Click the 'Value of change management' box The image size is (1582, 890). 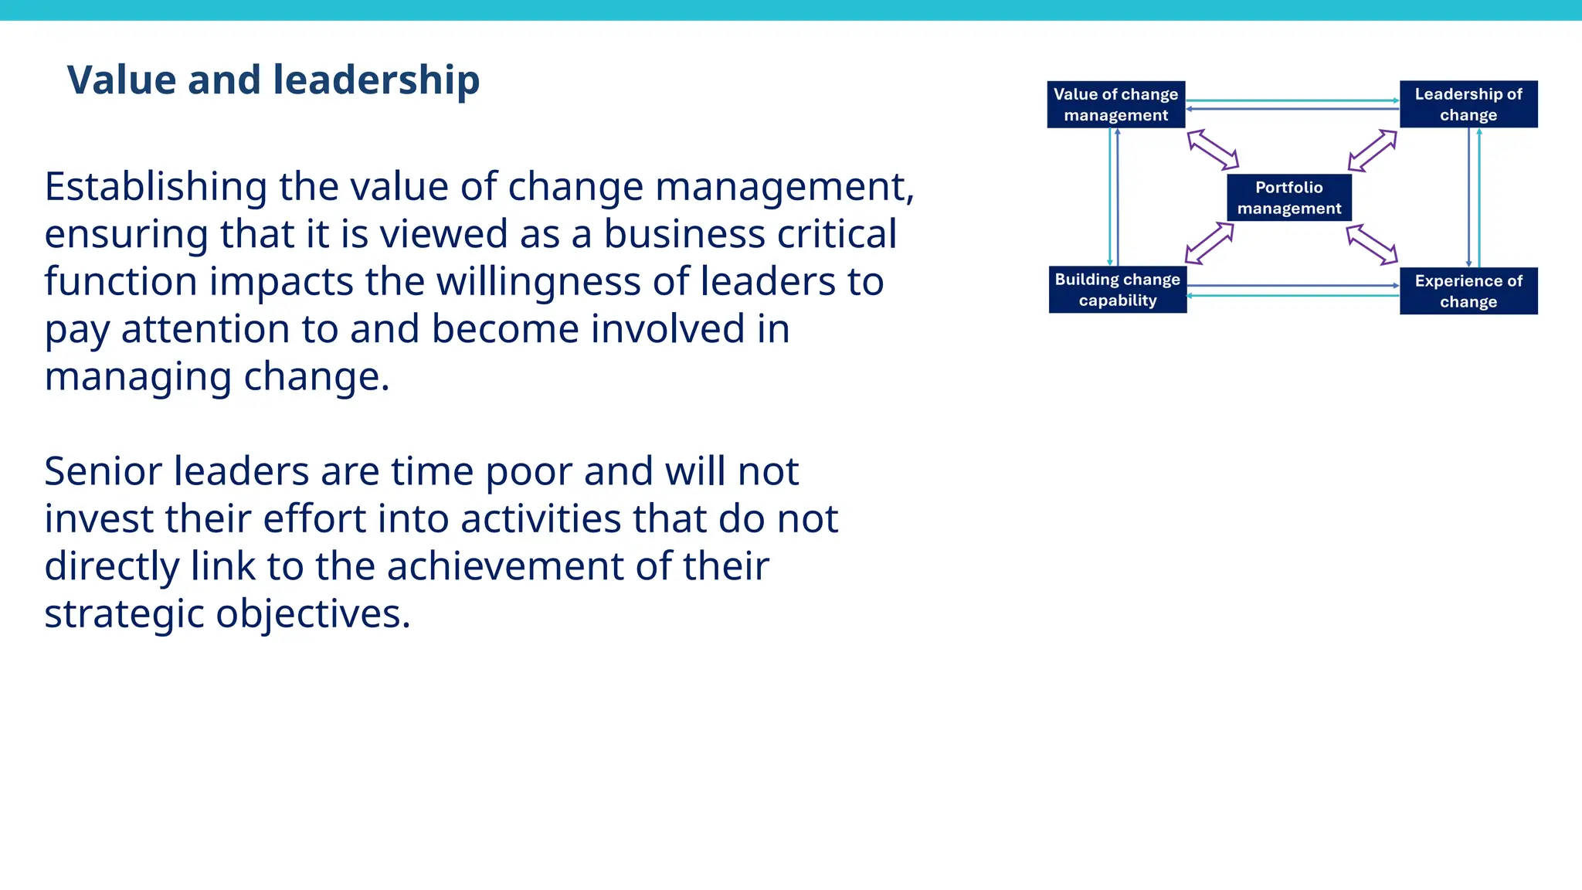[1115, 104]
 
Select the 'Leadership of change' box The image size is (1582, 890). [1468, 104]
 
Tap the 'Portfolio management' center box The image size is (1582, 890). [1288, 198]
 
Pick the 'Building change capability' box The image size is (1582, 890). [1117, 290]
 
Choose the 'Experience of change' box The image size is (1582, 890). [1468, 291]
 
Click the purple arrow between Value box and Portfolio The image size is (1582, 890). [1213, 150]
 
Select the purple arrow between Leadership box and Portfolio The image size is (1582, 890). [1373, 151]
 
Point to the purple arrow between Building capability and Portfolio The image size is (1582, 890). [1210, 243]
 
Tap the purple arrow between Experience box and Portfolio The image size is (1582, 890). [1372, 244]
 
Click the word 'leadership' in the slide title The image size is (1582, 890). [376, 80]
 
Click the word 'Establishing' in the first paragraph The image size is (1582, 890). [155, 188]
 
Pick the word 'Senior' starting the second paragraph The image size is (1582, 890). [103, 471]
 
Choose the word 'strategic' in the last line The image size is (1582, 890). [124, 615]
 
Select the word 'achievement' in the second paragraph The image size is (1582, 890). [505, 566]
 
